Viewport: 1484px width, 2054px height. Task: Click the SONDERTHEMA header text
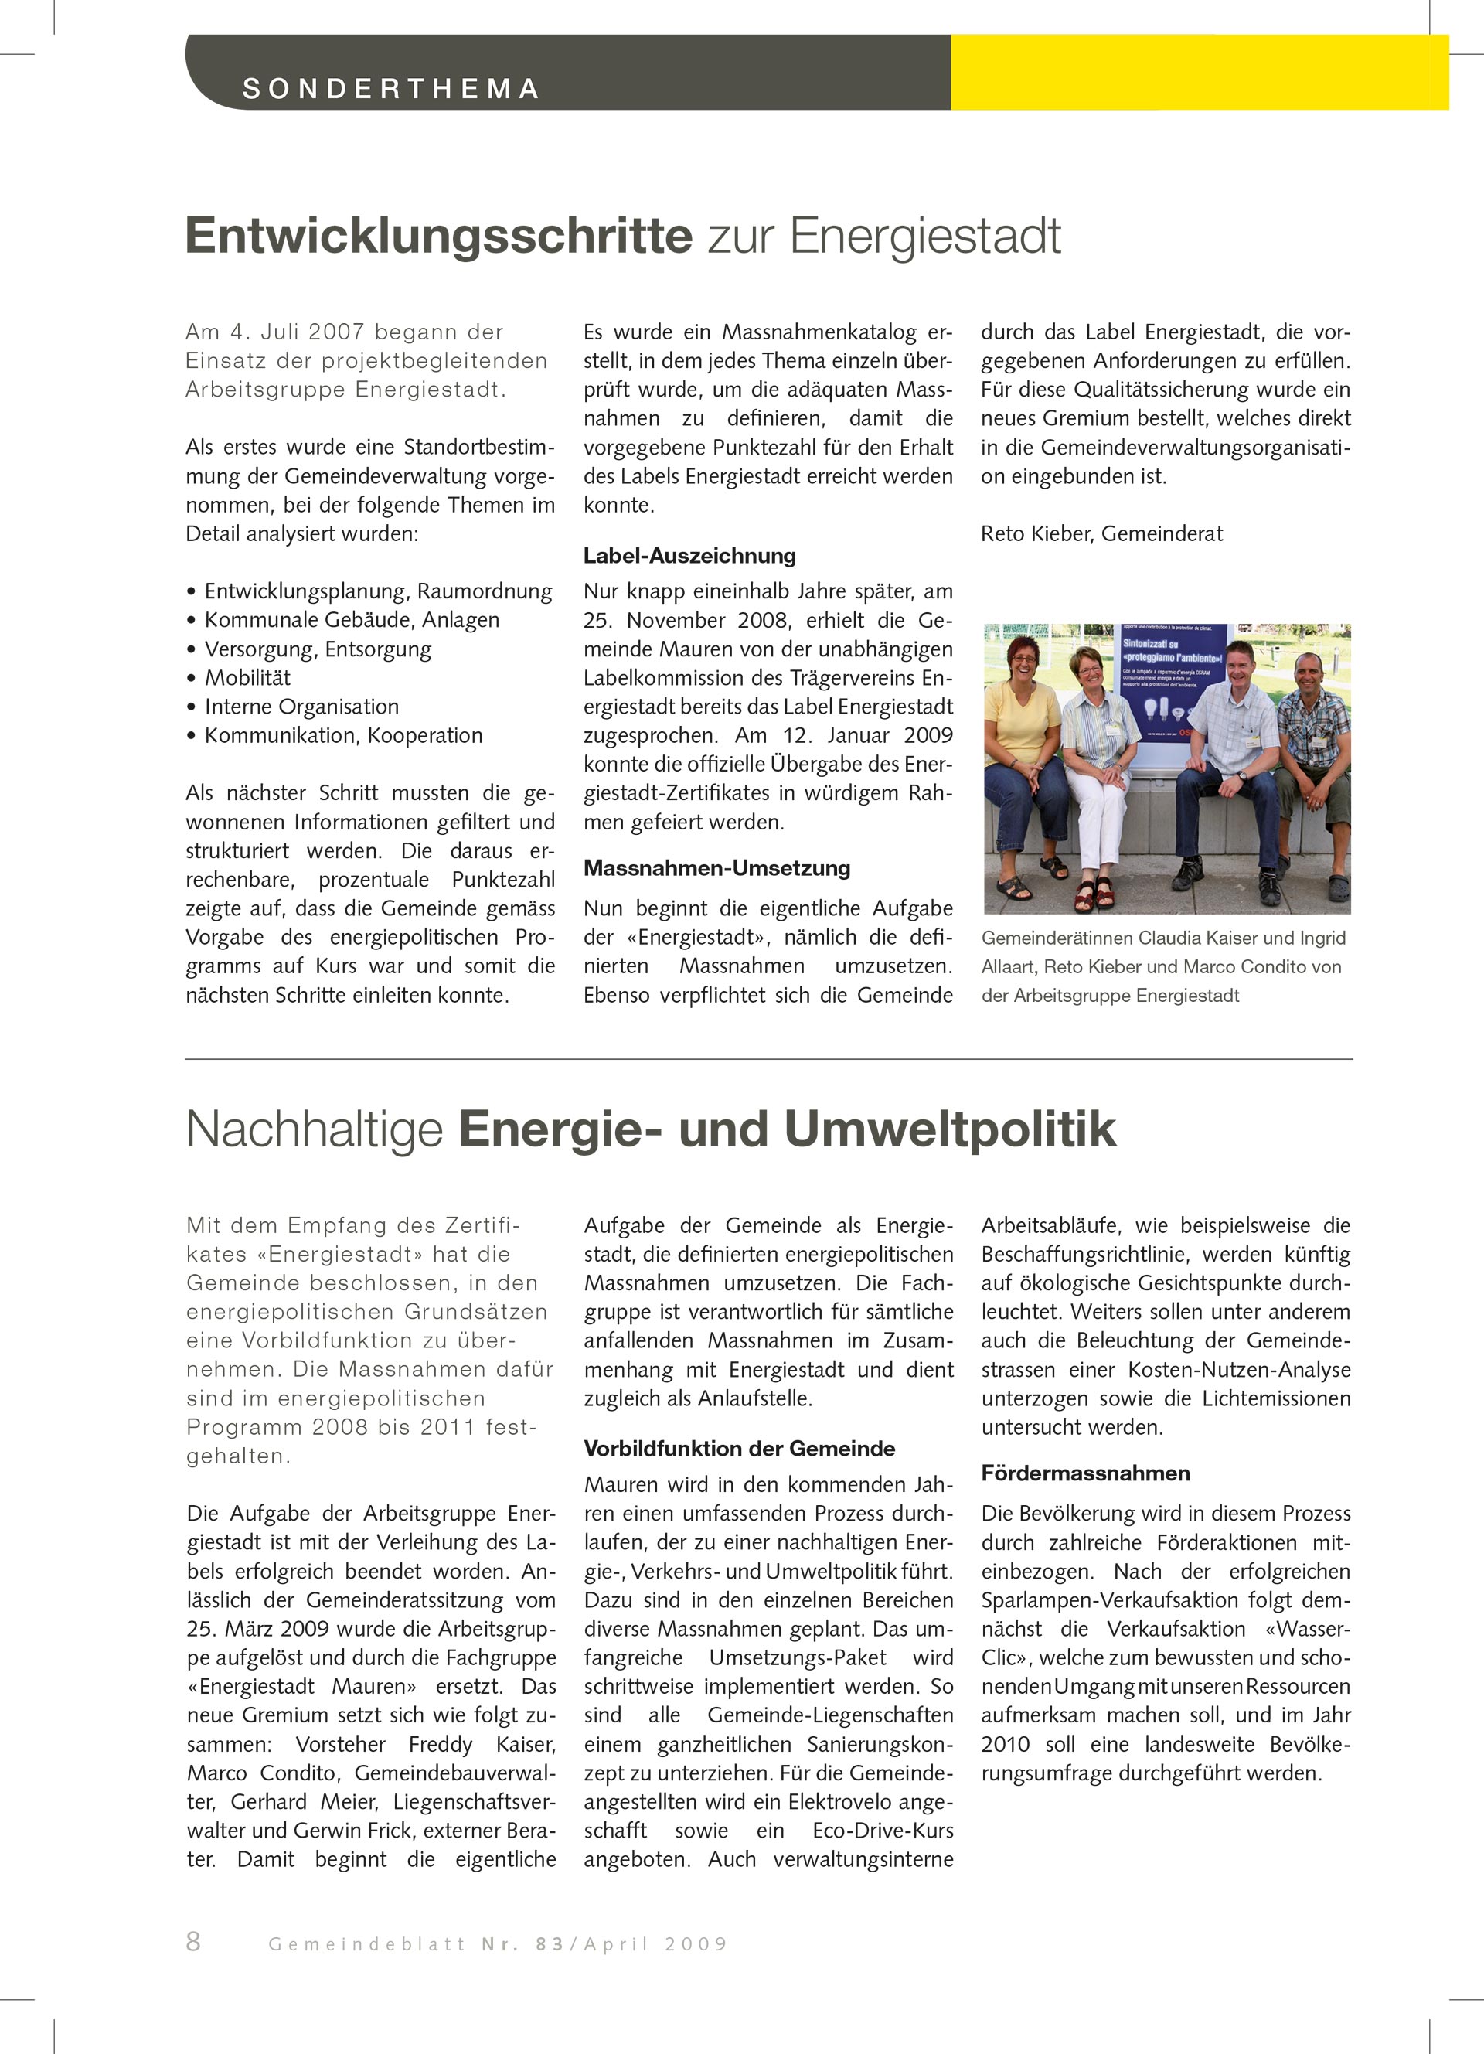point(390,89)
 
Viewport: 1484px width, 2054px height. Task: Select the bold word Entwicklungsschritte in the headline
point(439,237)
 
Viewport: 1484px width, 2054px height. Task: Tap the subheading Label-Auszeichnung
point(689,556)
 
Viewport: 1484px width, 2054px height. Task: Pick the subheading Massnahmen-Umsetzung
point(716,867)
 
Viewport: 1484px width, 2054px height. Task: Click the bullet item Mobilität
point(247,677)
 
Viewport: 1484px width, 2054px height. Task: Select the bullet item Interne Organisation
point(301,707)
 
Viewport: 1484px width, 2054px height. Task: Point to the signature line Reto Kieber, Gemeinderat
point(1101,533)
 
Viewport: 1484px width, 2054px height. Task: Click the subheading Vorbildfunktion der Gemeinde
point(739,1448)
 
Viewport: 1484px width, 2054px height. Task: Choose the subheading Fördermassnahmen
point(1084,1473)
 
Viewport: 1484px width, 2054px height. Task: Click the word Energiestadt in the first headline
point(924,237)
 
